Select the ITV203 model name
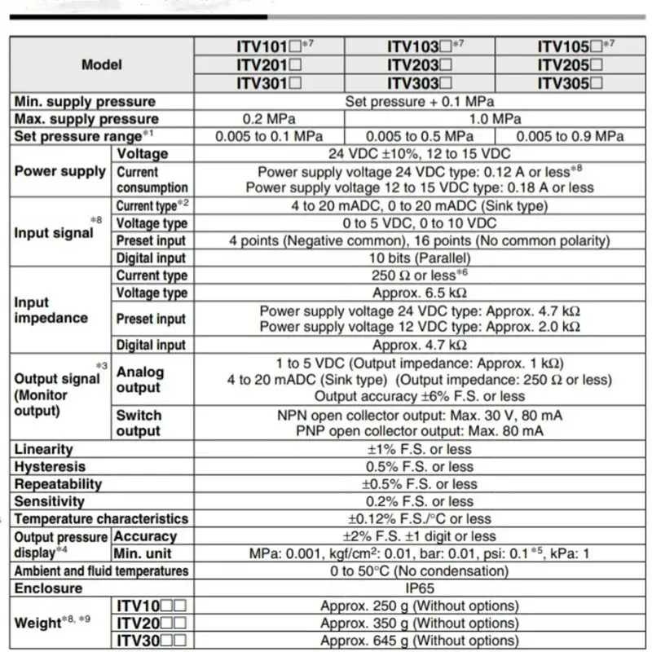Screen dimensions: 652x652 [x=419, y=65]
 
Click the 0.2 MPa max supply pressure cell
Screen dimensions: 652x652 [x=268, y=119]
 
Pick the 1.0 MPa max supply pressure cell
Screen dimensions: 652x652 [x=494, y=119]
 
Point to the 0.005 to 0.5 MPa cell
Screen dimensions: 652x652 [x=419, y=136]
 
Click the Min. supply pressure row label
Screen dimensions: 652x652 [x=85, y=102]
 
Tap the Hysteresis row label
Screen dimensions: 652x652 [x=50, y=467]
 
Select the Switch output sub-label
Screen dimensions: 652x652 [x=139, y=423]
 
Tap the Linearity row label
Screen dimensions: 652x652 [x=44, y=449]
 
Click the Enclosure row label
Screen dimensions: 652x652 [x=48, y=588]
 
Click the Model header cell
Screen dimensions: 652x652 [x=101, y=65]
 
